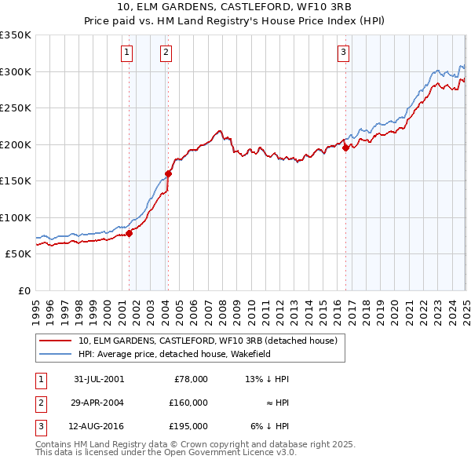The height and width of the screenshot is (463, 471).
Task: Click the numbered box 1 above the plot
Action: click(x=127, y=53)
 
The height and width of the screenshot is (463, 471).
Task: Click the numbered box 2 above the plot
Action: click(x=166, y=53)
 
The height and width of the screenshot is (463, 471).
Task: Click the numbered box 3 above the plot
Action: click(x=344, y=53)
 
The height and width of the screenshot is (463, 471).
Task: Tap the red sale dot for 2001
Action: click(x=130, y=233)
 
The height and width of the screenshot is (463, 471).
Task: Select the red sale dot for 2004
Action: click(x=168, y=173)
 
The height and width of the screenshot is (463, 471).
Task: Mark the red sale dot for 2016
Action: click(x=345, y=148)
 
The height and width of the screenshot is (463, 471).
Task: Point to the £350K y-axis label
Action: click(x=15, y=35)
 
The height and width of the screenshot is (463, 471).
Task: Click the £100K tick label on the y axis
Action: click(x=15, y=217)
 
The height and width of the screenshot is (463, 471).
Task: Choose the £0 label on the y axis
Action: click(x=23, y=290)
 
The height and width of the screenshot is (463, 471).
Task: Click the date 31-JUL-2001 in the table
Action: click(x=99, y=378)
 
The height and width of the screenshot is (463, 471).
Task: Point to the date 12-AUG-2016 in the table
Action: click(x=99, y=427)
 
